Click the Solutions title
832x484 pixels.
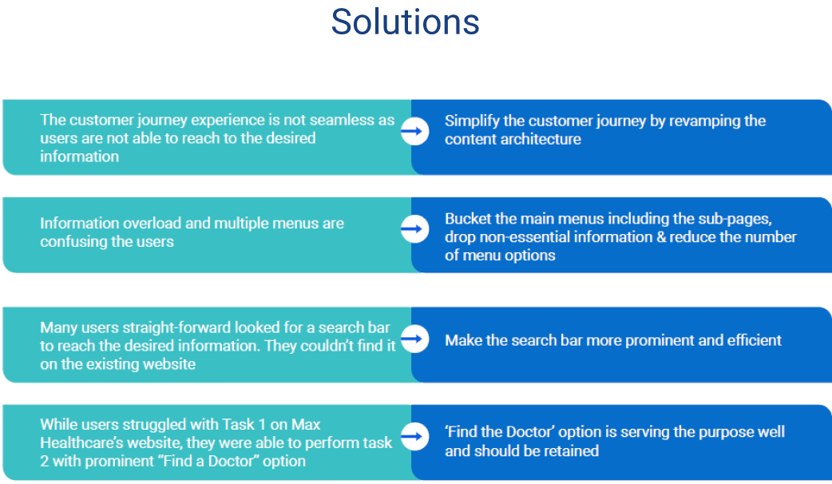point(406,22)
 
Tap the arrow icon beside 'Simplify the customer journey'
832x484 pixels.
point(415,131)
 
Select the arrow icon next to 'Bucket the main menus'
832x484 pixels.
point(415,229)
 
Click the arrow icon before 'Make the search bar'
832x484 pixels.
point(415,339)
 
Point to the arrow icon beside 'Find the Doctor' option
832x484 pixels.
point(415,436)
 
